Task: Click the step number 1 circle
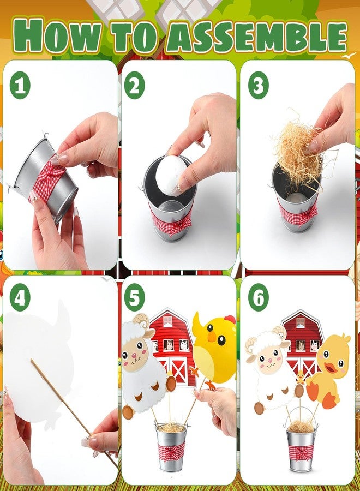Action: coord(20,85)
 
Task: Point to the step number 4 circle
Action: coord(20,297)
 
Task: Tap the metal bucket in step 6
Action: coord(301,447)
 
